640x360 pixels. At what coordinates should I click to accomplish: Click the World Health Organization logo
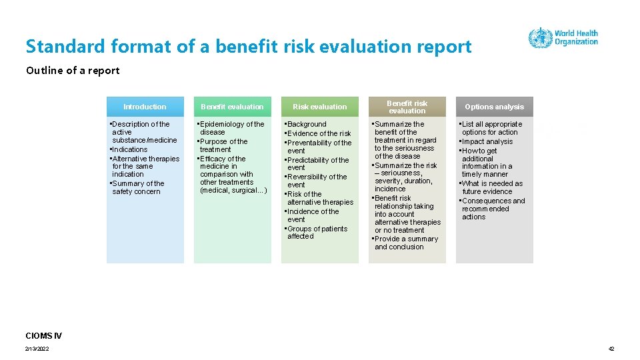click(563, 37)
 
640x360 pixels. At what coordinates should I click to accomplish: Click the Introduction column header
click(145, 107)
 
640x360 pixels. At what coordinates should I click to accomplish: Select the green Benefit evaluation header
click(232, 107)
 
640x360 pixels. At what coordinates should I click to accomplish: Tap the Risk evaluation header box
click(320, 107)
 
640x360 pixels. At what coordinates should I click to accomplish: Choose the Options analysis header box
click(494, 107)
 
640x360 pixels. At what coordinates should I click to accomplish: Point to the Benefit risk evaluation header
click(407, 107)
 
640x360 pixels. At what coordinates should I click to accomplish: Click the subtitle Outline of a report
click(73, 71)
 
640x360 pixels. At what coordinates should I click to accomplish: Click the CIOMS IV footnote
click(44, 335)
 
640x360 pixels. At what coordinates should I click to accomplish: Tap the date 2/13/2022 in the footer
click(37, 349)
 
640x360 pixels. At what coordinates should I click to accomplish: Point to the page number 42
click(611, 349)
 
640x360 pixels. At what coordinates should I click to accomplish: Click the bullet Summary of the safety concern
click(137, 187)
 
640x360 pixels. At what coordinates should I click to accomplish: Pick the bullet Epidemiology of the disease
click(231, 128)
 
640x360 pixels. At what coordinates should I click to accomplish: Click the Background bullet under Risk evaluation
click(306, 124)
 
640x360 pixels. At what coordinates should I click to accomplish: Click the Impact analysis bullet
click(487, 141)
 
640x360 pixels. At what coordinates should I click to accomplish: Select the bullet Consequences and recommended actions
click(493, 209)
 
